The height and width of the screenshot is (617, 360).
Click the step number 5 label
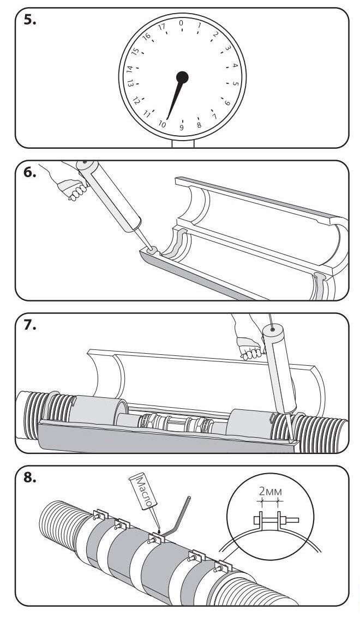click(x=29, y=21)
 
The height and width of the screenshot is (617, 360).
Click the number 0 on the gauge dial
click(x=181, y=23)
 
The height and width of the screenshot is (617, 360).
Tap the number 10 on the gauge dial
click(x=162, y=124)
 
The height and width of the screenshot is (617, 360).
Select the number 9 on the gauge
click(x=182, y=128)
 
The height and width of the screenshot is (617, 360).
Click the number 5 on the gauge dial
click(x=236, y=83)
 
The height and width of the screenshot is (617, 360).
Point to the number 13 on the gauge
click(x=130, y=83)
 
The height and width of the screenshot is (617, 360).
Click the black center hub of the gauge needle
click(x=182, y=77)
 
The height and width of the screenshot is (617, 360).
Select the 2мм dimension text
click(x=271, y=492)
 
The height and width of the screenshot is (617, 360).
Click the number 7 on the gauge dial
click(x=214, y=116)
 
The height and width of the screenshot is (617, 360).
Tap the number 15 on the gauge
click(x=135, y=51)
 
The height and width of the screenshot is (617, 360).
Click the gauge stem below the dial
click(x=183, y=143)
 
